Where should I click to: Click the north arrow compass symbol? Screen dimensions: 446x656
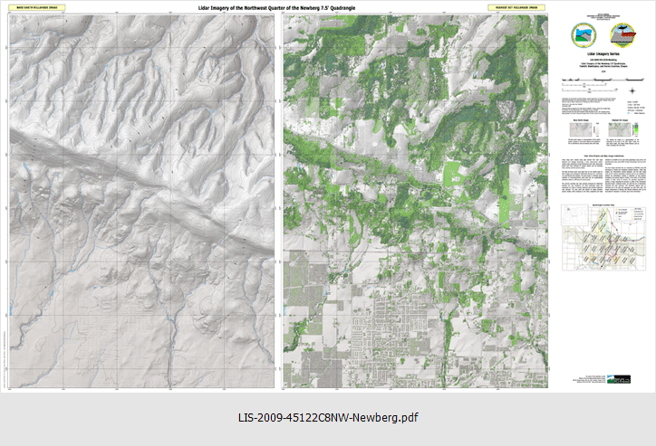point(632,90)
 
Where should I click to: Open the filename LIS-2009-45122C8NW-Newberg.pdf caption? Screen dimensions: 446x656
point(328,418)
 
